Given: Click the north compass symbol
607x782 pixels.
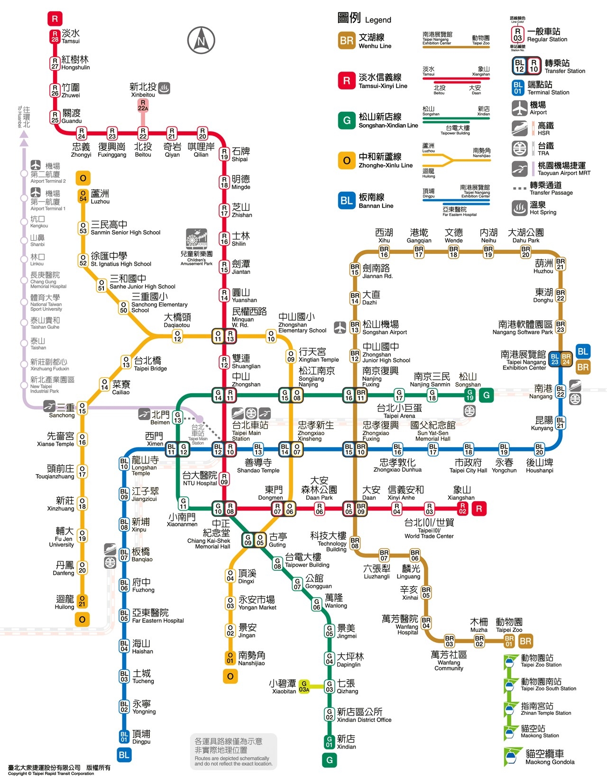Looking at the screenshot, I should pyautogui.click(x=201, y=40).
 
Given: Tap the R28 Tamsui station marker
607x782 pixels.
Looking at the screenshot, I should pyautogui.click(x=55, y=36).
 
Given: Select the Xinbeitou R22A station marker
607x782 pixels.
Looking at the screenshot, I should pyautogui.click(x=143, y=105).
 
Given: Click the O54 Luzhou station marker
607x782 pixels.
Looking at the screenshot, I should pyautogui.click(x=83, y=196).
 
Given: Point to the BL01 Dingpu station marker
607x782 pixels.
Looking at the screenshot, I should pyautogui.click(x=124, y=737).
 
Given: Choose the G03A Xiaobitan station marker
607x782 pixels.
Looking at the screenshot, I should pyautogui.click(x=304, y=686).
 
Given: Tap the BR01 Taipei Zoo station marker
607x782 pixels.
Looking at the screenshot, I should pyautogui.click(x=509, y=641).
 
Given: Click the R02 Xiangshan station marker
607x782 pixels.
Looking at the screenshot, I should pyautogui.click(x=462, y=509).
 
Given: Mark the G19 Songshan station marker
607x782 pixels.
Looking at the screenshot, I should pyautogui.click(x=469, y=395).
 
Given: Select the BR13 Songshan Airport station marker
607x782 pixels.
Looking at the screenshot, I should pyautogui.click(x=355, y=327).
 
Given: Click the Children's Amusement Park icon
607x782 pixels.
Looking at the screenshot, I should pyautogui.click(x=196, y=239).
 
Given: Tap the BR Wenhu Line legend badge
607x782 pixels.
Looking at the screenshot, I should pyautogui.click(x=347, y=41).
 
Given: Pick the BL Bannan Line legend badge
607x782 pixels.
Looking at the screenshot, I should pyautogui.click(x=347, y=200).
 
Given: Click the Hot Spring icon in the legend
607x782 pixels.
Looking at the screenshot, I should pyautogui.click(x=520, y=207).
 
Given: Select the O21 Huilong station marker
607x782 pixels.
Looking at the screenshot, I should pyautogui.click(x=82, y=601).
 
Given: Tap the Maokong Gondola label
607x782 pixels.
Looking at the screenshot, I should pyautogui.click(x=550, y=757).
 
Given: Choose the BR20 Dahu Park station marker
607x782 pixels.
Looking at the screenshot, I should pyautogui.click(x=525, y=252).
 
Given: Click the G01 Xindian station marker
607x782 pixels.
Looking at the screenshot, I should pyautogui.click(x=330, y=742).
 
